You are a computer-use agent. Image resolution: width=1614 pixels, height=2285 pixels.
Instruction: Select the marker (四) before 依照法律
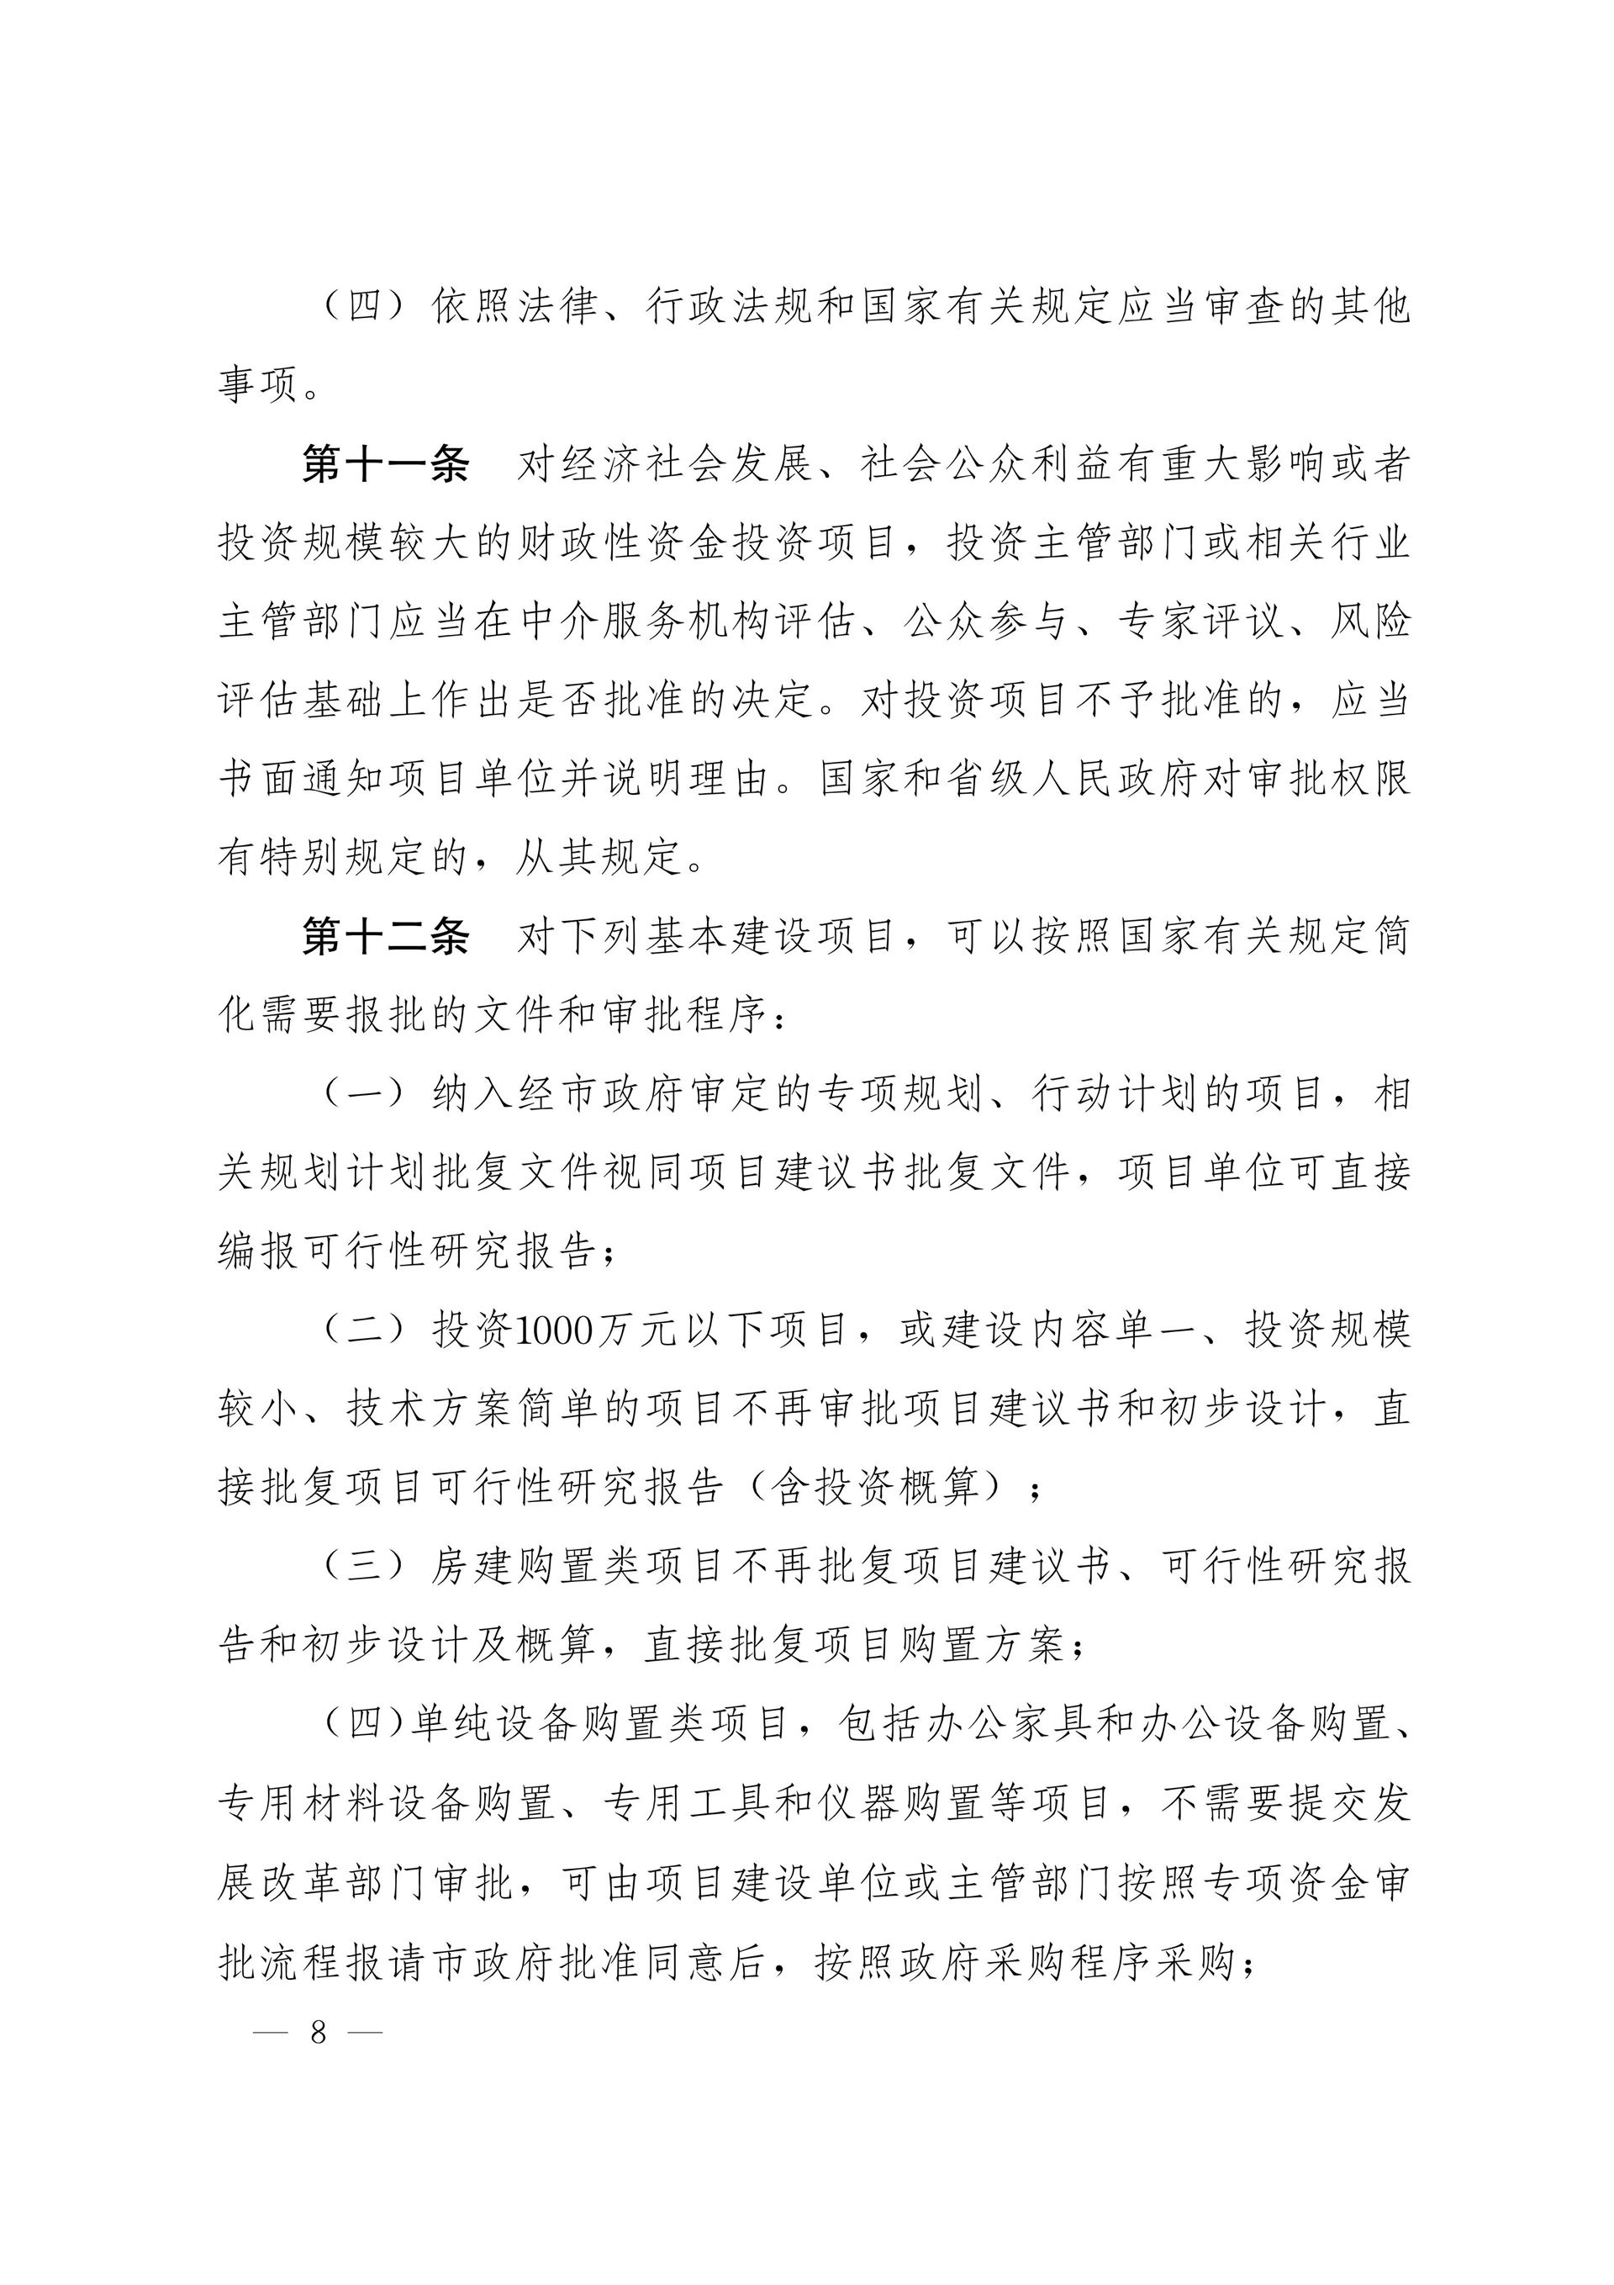pos(364,306)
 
